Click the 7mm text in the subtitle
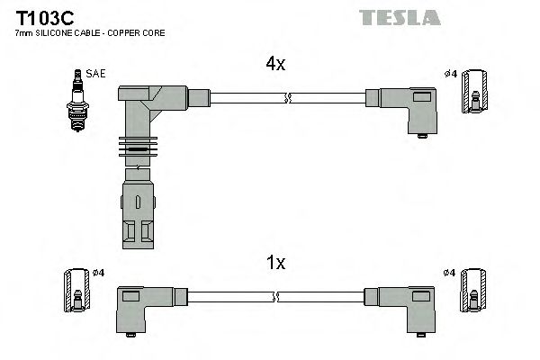[x=24, y=33]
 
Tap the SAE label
[x=94, y=73]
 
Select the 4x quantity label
[x=274, y=65]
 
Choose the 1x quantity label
[x=274, y=263]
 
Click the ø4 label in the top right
[x=451, y=73]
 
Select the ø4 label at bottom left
[x=98, y=272]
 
